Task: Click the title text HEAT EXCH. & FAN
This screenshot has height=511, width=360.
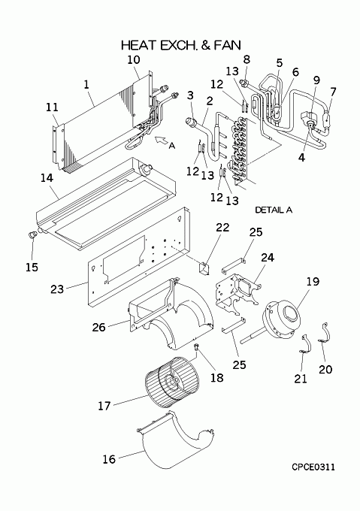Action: click(181, 45)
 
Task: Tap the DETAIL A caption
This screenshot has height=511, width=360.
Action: click(274, 210)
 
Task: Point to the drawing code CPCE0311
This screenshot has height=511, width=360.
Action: click(313, 467)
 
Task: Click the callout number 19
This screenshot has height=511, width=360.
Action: click(313, 281)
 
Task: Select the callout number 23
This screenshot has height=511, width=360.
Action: click(57, 289)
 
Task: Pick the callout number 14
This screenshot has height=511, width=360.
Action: click(47, 178)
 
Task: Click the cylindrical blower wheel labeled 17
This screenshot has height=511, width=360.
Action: click(171, 382)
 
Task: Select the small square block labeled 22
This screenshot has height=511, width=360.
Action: click(204, 268)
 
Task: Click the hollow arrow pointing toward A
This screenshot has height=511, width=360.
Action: click(160, 141)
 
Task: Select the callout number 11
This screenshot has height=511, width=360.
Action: click(52, 107)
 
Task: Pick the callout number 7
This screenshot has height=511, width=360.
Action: click(332, 92)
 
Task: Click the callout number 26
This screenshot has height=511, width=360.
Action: click(98, 327)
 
